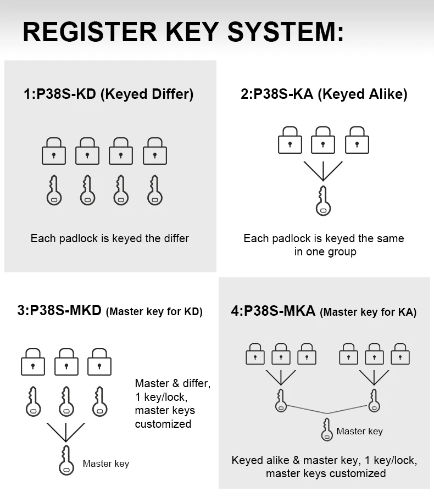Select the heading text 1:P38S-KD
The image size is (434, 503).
click(60, 94)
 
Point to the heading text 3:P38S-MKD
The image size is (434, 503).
click(59, 310)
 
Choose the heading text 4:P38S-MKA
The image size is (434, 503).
click(273, 311)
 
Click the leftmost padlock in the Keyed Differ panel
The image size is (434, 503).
click(54, 151)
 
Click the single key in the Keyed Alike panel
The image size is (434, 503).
click(324, 200)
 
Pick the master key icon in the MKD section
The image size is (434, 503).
click(66, 460)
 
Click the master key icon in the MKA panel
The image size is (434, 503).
click(327, 429)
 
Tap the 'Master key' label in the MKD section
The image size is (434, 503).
click(106, 464)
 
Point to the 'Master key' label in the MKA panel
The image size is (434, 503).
click(360, 431)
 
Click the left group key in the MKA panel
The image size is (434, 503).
click(281, 400)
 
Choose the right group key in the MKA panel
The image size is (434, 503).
click(374, 400)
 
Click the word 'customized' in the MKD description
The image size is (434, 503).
click(163, 424)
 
